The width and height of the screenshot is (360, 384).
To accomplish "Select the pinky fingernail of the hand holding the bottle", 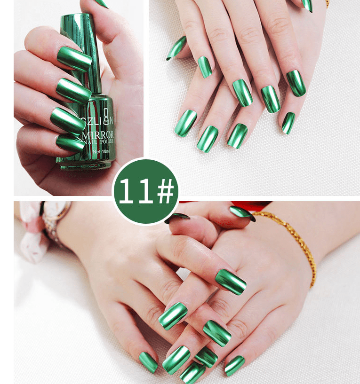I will (70, 143).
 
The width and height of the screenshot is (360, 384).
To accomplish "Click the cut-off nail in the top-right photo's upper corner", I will (307, 5).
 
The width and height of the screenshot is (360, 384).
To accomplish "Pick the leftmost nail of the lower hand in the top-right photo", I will (185, 123).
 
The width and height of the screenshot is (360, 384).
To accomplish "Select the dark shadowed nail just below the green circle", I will (177, 218).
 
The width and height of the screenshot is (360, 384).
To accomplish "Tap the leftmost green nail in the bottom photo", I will (148, 362).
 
